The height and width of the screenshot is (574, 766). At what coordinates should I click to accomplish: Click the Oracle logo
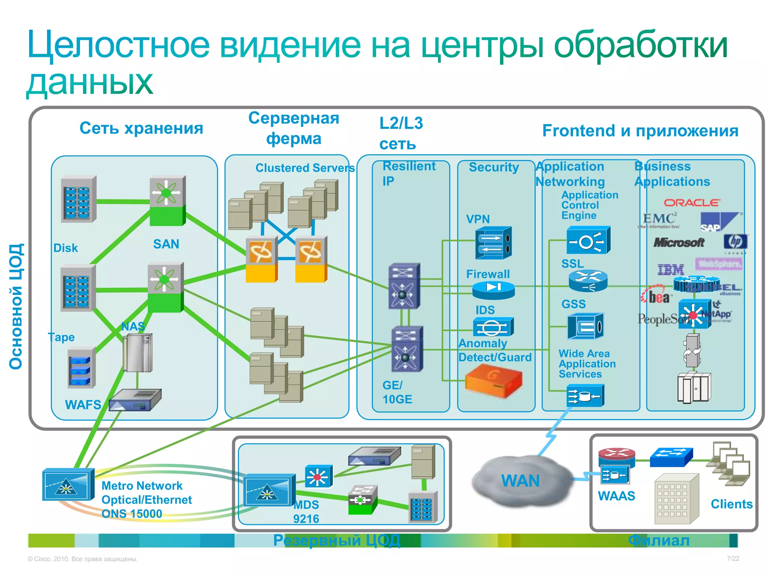pos(692,203)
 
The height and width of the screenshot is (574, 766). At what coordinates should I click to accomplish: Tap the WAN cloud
pos(521,481)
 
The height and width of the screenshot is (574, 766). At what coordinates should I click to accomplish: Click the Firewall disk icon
pos(493,290)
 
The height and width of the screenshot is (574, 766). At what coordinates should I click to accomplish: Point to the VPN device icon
pos(493,243)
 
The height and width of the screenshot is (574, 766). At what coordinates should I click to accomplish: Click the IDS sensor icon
pos(493,327)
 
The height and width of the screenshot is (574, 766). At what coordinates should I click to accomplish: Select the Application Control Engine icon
pos(588,240)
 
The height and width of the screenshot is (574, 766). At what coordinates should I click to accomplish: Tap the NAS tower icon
pos(137,353)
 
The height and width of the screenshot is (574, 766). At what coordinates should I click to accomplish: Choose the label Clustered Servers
pos(305,168)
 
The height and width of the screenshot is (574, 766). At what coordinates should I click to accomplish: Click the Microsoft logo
pos(679,243)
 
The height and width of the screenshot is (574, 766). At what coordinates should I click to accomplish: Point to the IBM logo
pos(671,269)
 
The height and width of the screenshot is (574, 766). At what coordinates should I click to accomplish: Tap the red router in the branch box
pos(616,456)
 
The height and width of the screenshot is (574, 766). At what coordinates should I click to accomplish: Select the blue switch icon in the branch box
pos(671,457)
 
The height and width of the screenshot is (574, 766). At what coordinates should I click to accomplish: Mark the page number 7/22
pos(733,558)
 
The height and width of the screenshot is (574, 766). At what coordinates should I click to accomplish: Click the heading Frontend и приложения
pos(640,131)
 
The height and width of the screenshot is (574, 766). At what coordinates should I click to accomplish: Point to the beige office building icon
pos(676,499)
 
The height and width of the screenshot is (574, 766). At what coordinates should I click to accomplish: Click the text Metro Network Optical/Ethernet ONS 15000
pos(147,500)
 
